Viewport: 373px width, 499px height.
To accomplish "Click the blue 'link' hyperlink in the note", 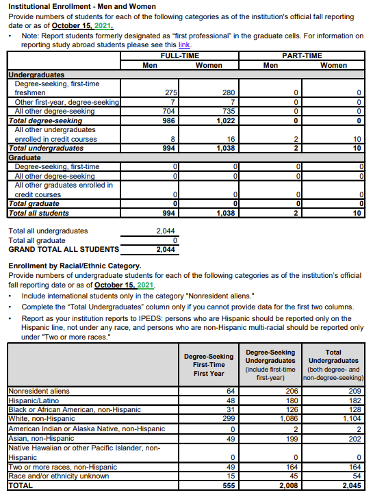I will click(184, 44).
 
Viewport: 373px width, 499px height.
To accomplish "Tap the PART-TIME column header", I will click(301, 55).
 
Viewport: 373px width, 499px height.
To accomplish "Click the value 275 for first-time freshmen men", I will click(172, 92).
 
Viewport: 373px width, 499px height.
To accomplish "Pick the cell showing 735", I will click(229, 111).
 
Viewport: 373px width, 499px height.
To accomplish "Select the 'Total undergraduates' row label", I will click(46, 148).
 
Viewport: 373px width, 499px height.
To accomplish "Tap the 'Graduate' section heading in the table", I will click(25, 157).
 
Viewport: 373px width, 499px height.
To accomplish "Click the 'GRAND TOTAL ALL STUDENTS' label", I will click(63, 250).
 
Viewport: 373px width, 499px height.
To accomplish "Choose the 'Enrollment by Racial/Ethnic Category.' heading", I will click(75, 265).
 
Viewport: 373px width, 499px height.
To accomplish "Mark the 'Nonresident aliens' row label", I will click(38, 392).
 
